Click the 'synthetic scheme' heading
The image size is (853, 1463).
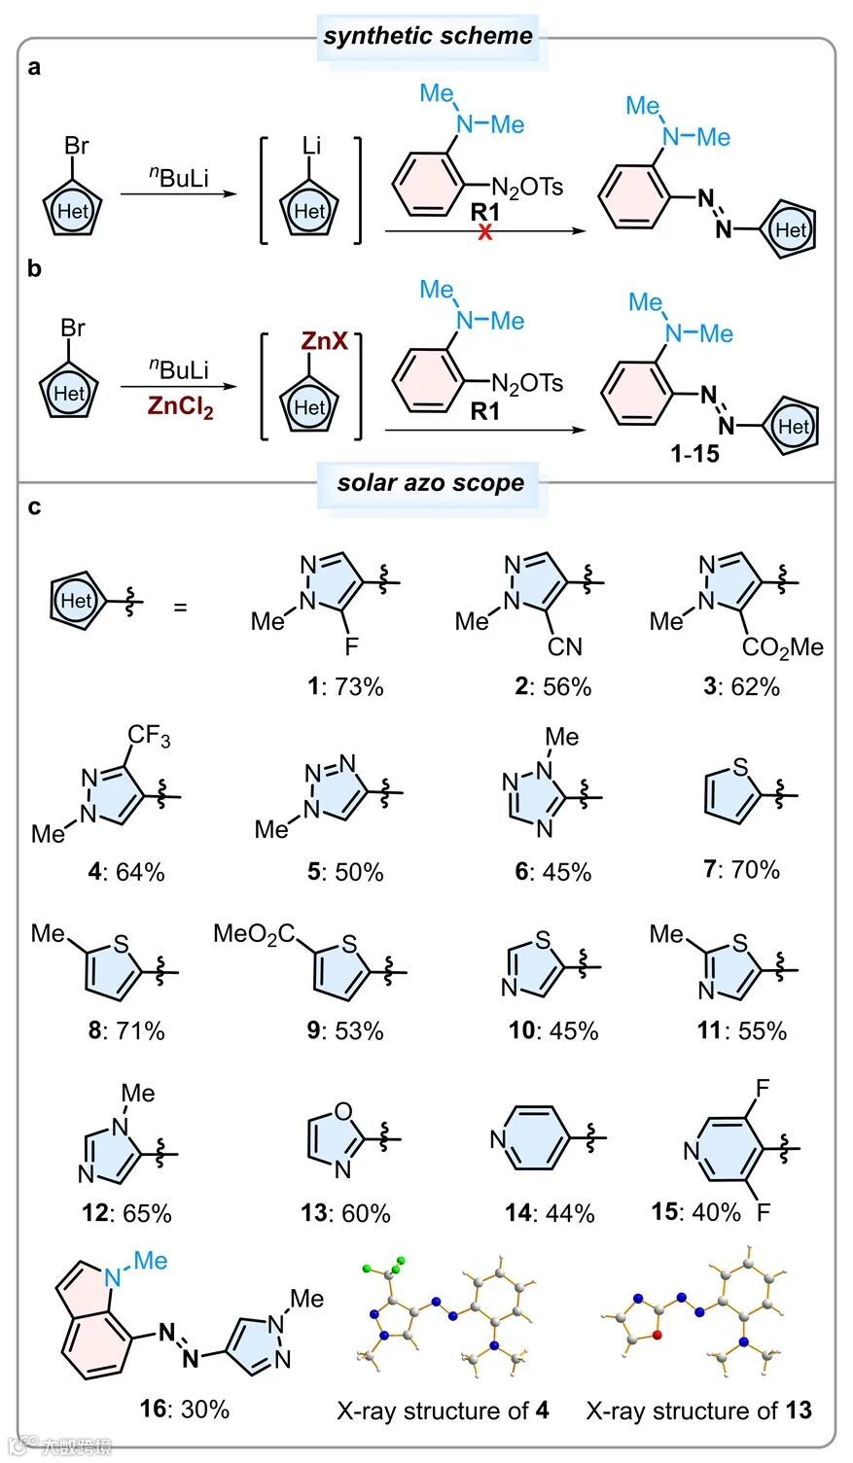point(428,37)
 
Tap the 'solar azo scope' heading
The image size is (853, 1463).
point(430,482)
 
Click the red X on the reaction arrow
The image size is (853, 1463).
point(484,231)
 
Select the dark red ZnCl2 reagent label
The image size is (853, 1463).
point(181,406)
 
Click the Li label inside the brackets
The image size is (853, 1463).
point(310,147)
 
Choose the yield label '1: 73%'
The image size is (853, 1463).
point(339,686)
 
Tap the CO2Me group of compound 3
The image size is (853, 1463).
point(782,646)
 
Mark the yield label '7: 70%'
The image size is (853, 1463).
point(741,869)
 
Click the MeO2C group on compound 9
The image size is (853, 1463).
point(254,935)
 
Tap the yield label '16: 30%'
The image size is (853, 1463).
point(185,1409)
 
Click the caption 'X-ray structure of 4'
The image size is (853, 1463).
point(443,1410)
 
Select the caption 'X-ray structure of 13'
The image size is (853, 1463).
point(698,1410)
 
